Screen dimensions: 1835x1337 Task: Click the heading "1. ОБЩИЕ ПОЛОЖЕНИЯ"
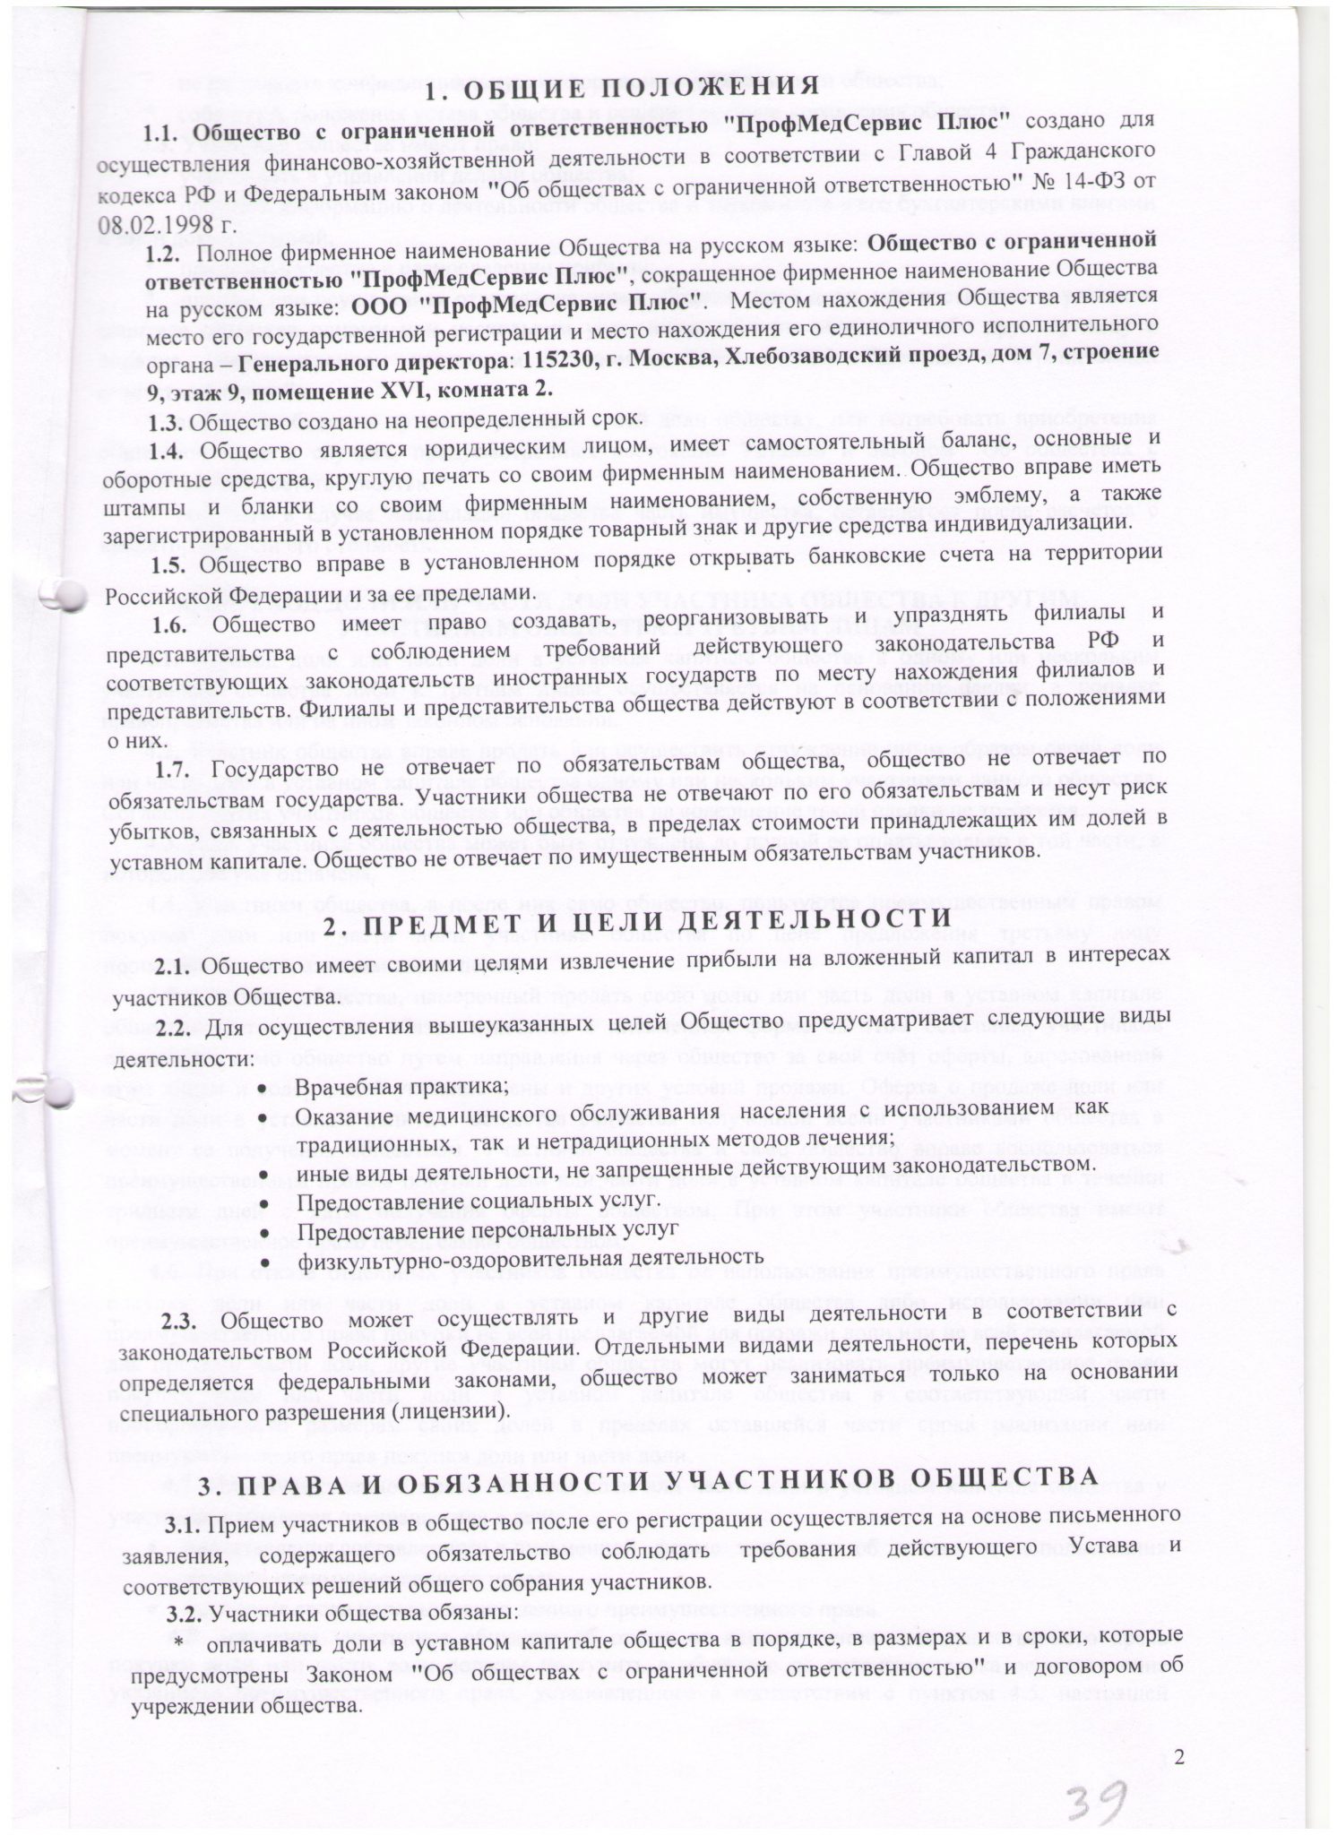(x=621, y=90)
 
